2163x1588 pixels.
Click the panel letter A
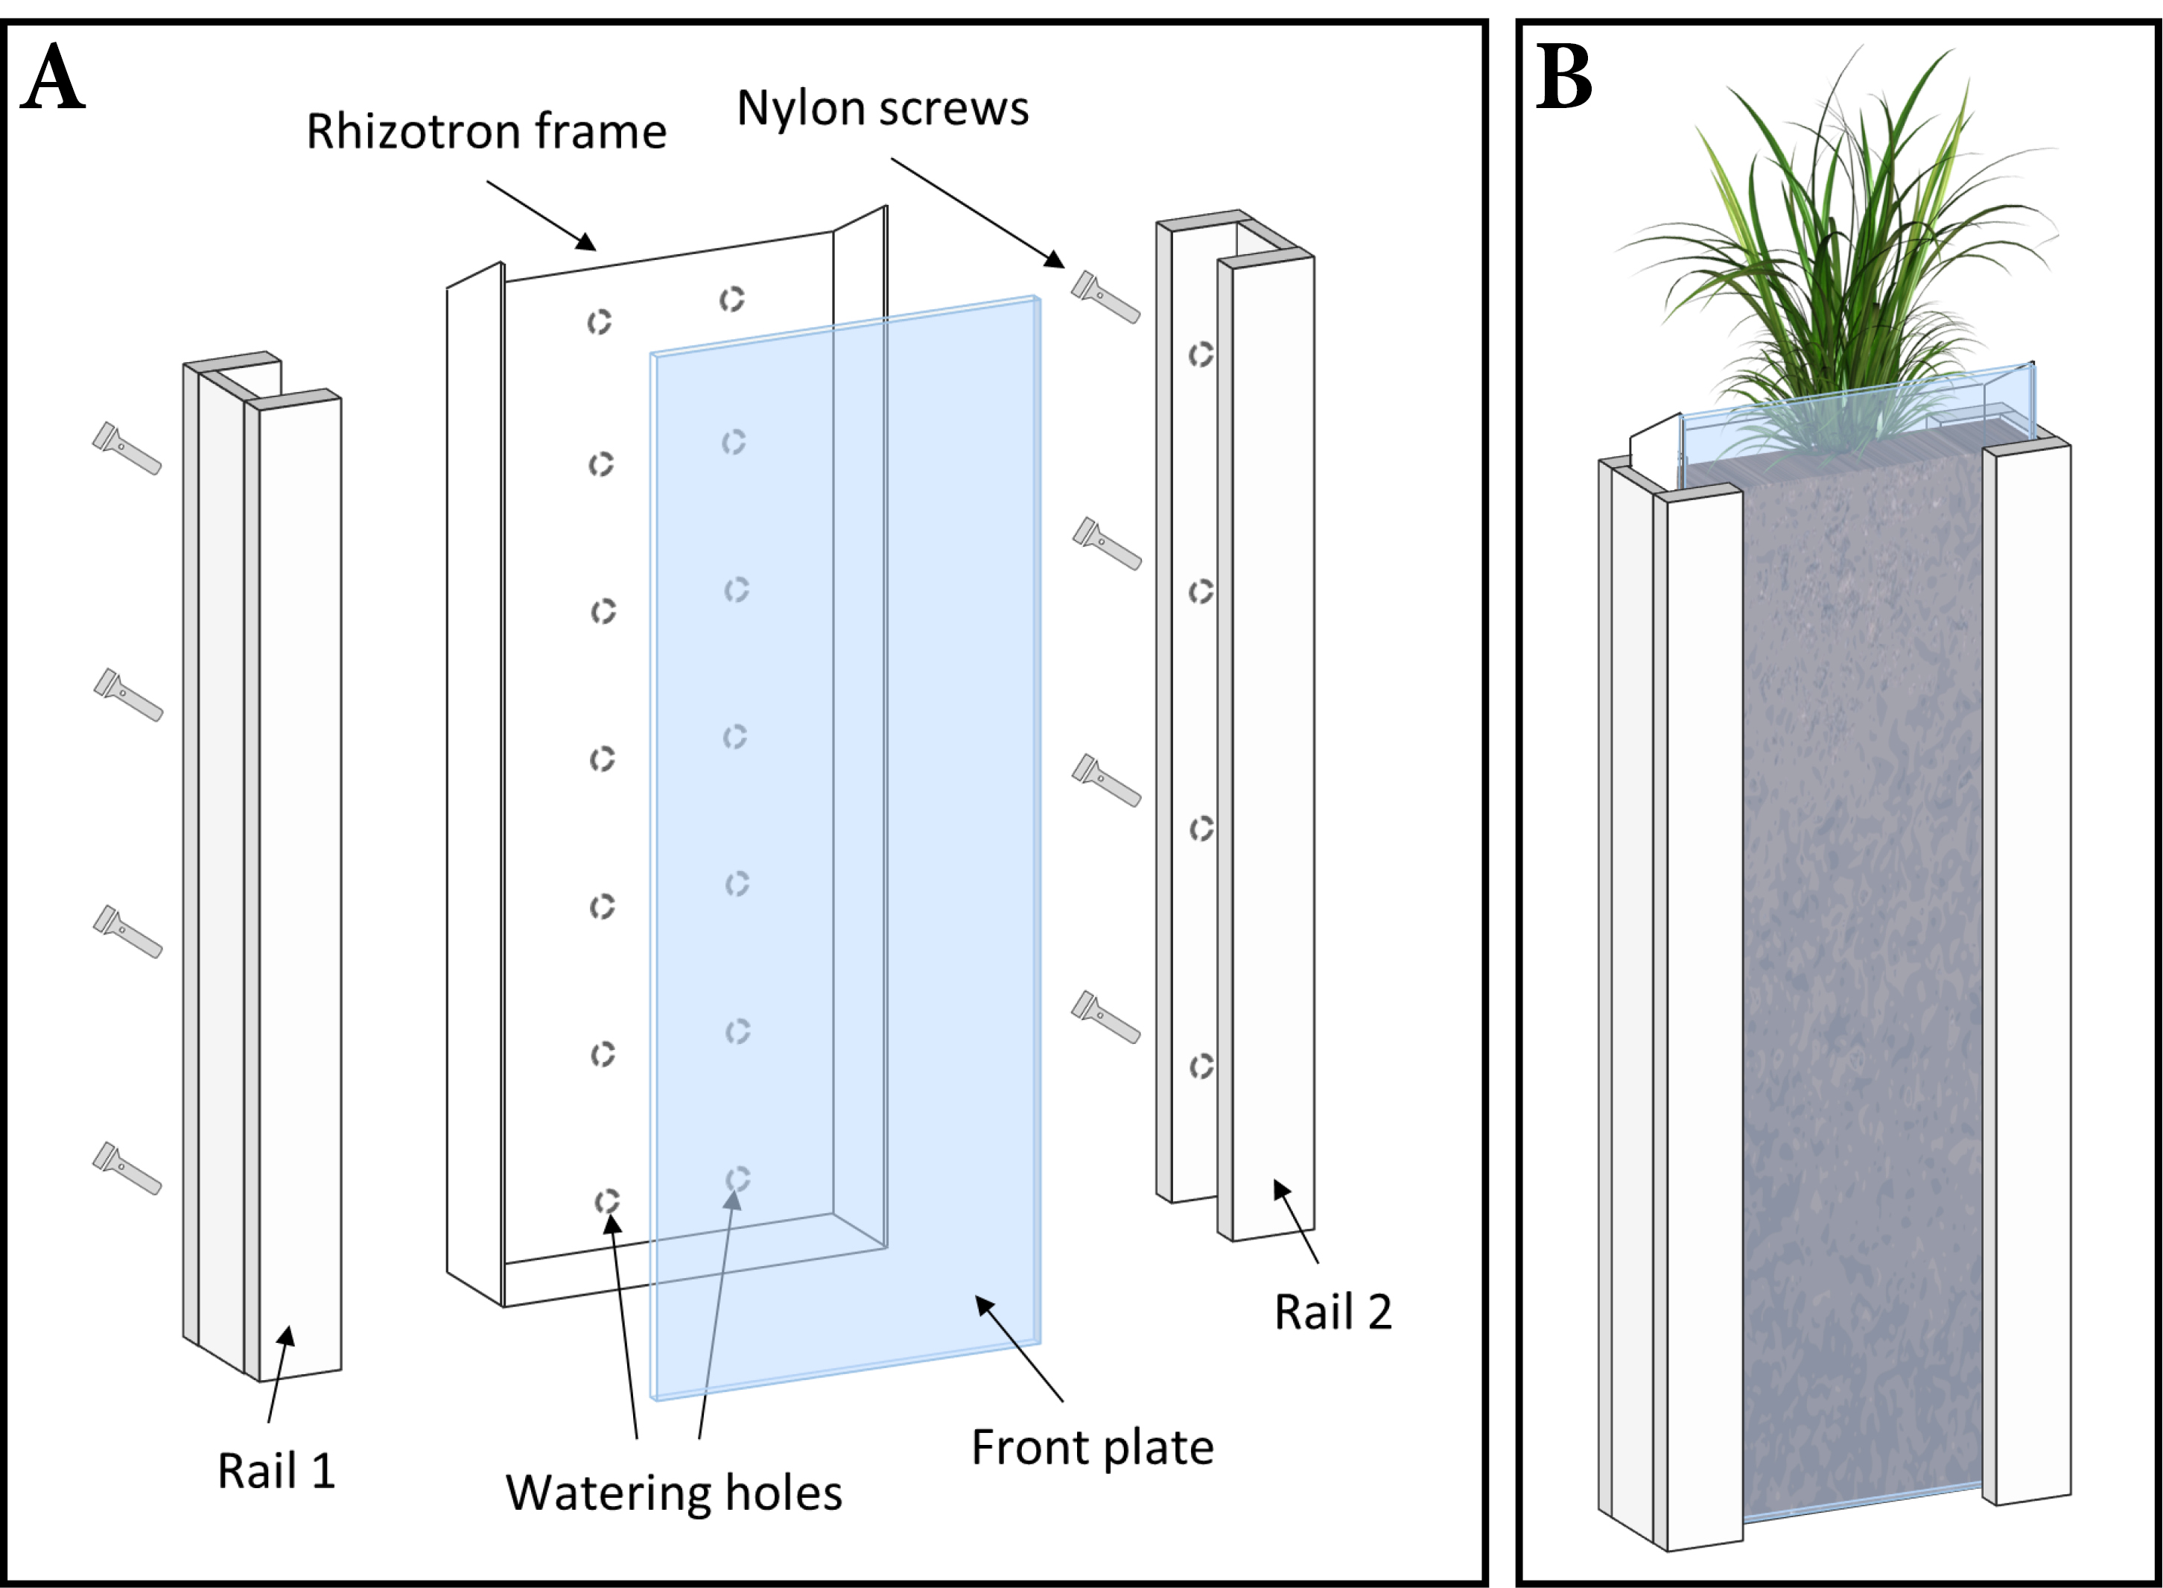[x=53, y=77]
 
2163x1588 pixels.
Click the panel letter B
[x=1563, y=77]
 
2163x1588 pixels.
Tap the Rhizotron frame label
[x=486, y=132]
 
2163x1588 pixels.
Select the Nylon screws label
[x=882, y=107]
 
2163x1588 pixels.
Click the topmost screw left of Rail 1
[x=127, y=448]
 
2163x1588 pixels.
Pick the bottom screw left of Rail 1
[x=127, y=1168]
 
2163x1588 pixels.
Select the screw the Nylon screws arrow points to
[x=1106, y=297]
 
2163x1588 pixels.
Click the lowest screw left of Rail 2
[x=1106, y=1017]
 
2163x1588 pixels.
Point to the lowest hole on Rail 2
[x=1201, y=1066]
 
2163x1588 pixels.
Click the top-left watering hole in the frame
[x=600, y=322]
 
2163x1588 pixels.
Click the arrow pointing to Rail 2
[x=1296, y=1221]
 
